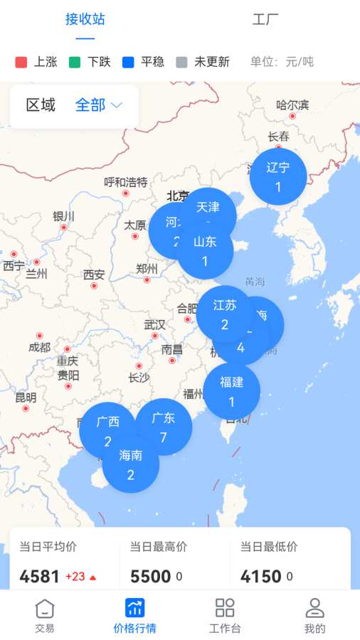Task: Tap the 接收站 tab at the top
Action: tap(85, 19)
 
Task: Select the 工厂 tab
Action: tap(265, 19)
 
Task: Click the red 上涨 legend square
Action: tap(21, 62)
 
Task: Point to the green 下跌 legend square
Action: tap(75, 62)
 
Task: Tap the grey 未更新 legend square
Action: tap(181, 62)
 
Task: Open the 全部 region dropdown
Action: tap(99, 105)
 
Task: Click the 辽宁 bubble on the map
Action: tap(278, 176)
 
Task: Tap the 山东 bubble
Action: tap(205, 250)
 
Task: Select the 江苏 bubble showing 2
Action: tap(224, 314)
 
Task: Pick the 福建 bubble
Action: tap(231, 391)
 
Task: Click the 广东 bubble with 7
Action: tap(164, 427)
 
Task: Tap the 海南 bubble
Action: tap(131, 465)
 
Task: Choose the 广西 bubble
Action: tap(107, 430)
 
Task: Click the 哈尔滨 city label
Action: tap(292, 105)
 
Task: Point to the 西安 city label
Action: tap(94, 274)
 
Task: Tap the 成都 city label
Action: tap(40, 347)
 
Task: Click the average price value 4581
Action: tap(39, 576)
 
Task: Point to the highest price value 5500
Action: tap(149, 576)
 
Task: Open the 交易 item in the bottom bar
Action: tap(45, 616)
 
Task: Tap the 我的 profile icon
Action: tap(314, 609)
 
